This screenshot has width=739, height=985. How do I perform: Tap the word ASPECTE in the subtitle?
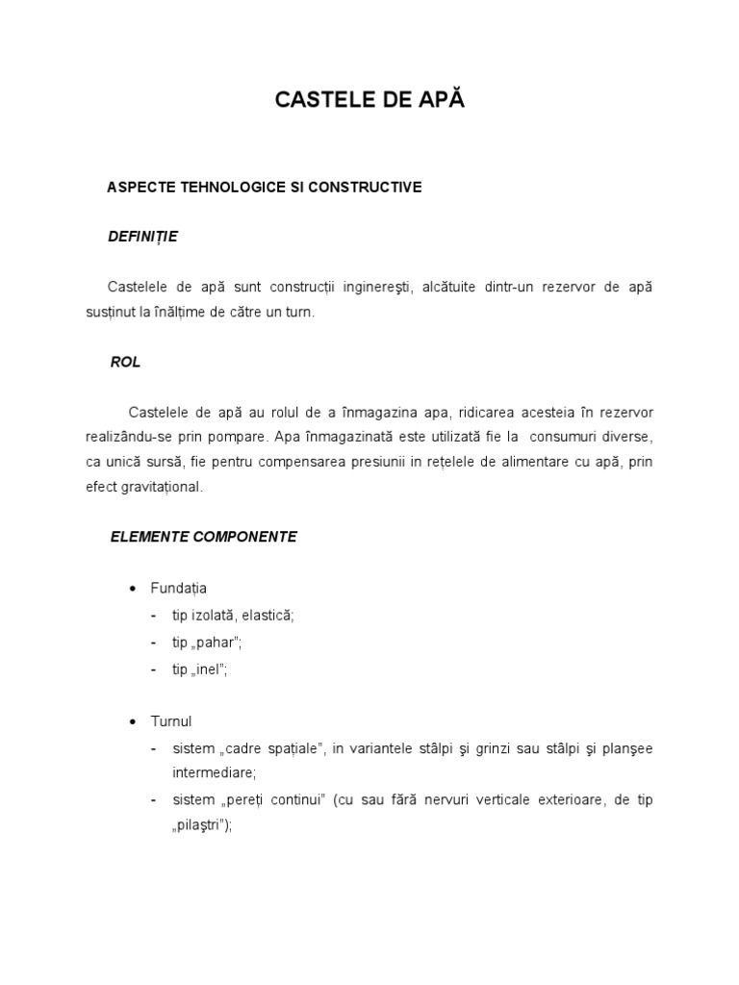(141, 187)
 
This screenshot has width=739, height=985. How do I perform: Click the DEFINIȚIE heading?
(143, 237)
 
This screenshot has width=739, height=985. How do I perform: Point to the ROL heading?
(126, 362)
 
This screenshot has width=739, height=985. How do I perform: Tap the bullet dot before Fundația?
(133, 588)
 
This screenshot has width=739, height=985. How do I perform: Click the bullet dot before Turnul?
(133, 720)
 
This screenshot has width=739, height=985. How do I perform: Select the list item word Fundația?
(178, 588)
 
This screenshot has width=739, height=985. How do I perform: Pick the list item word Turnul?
(172, 720)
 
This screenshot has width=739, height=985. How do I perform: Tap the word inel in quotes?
(212, 669)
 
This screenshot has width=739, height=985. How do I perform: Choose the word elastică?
(268, 615)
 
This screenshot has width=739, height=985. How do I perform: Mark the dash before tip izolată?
(156, 615)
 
